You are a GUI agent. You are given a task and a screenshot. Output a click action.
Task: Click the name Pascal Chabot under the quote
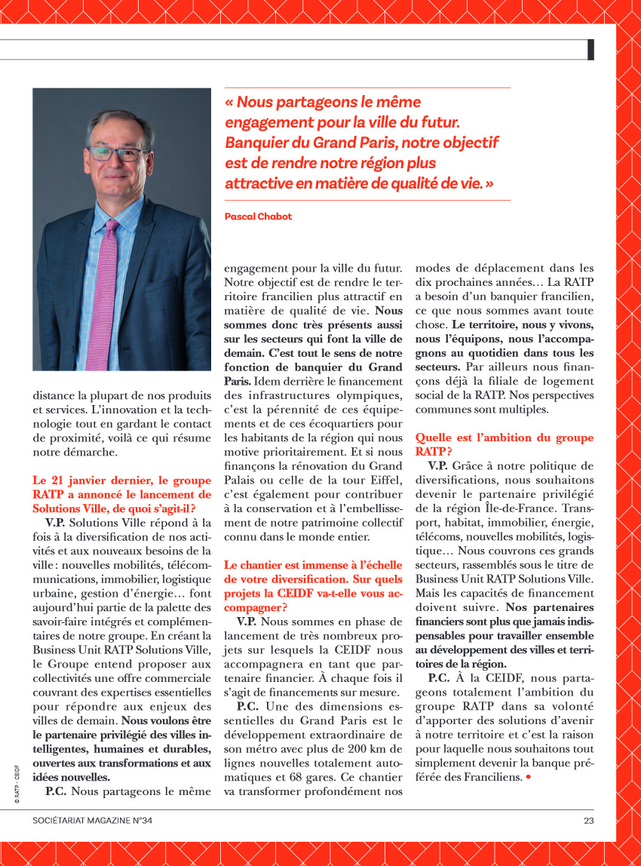coord(258,216)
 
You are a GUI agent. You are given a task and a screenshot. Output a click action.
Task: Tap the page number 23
coord(588,821)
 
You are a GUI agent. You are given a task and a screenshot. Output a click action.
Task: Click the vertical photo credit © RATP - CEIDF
coord(16,784)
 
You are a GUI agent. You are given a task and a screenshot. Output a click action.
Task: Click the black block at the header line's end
coord(590,50)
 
